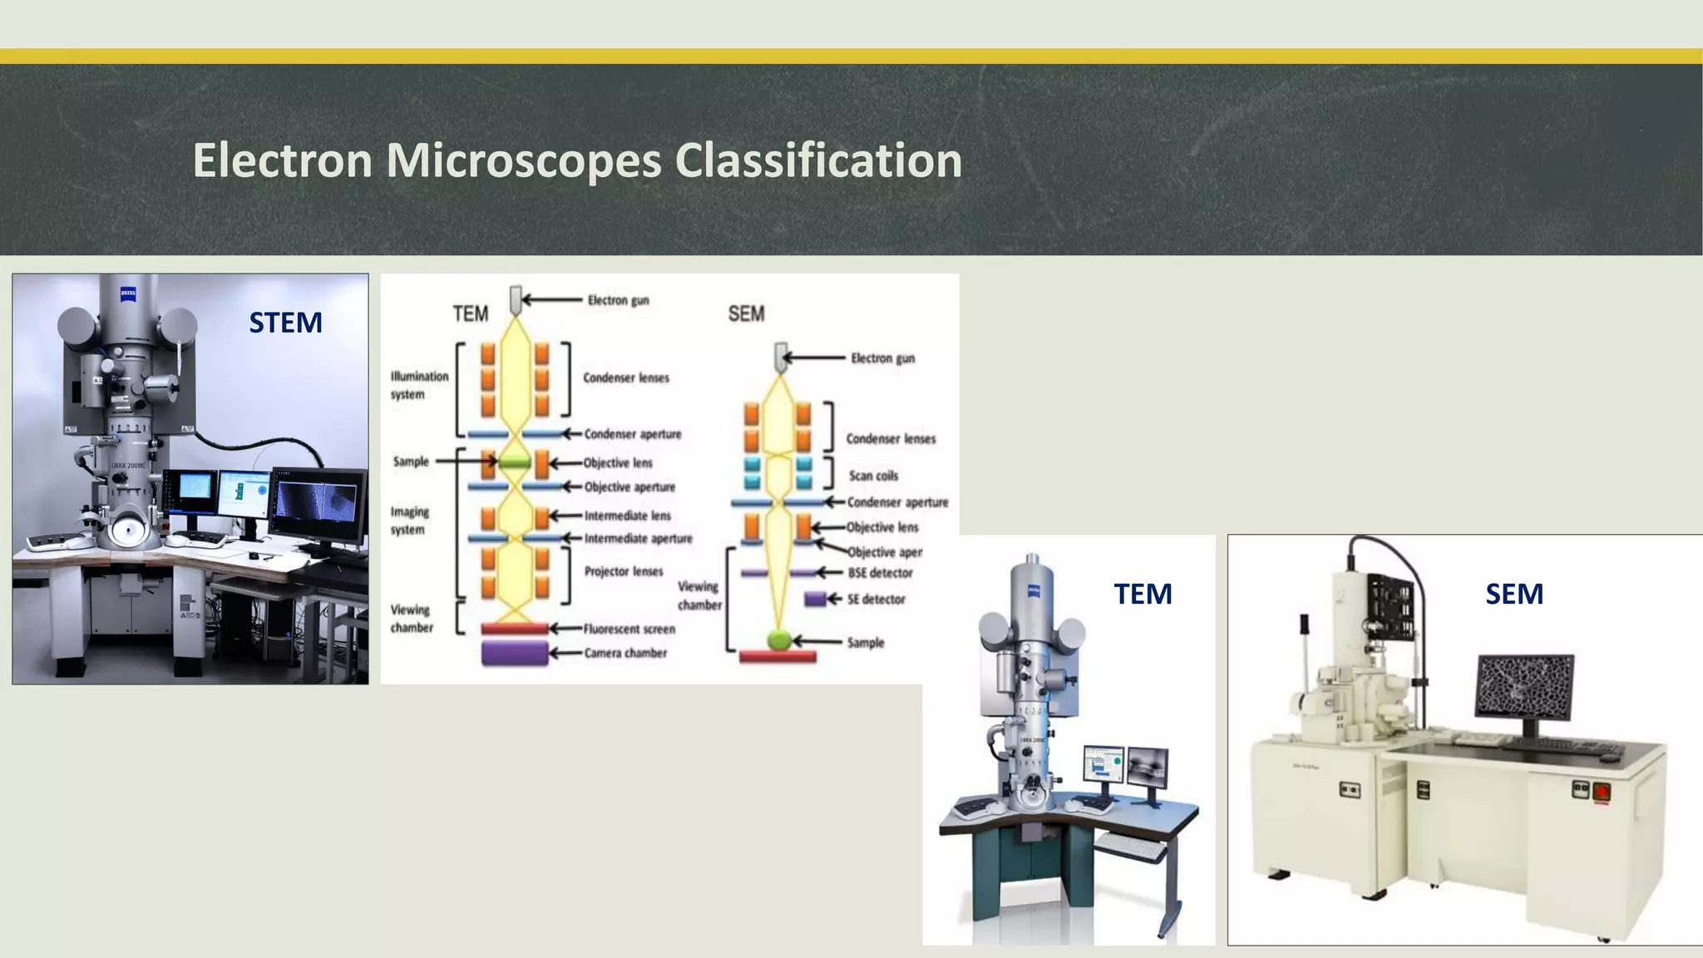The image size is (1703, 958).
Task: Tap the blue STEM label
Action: coord(285,323)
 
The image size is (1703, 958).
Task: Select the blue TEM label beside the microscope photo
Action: coord(1143,594)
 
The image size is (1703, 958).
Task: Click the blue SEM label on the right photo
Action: coord(1514,594)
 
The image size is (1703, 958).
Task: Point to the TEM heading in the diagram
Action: coord(470,314)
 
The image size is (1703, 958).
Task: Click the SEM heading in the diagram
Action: coord(746,314)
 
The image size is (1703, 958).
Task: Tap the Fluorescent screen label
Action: coord(629,630)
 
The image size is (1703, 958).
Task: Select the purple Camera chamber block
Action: coord(515,654)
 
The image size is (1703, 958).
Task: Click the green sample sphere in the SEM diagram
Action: coord(778,640)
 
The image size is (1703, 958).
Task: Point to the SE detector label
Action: coord(876,600)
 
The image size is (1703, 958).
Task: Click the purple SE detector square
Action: coord(815,599)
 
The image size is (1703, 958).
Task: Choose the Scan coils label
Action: coord(873,476)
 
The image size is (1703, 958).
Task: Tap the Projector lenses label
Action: coord(624,571)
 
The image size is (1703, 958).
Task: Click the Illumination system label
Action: coord(419,385)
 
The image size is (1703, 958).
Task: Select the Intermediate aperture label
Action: coord(638,539)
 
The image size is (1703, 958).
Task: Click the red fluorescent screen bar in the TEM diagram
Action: coord(515,629)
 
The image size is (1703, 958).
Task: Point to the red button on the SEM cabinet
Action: coord(1601,792)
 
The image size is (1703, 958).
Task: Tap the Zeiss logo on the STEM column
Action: coord(128,293)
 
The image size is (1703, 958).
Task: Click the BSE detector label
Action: coord(880,573)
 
